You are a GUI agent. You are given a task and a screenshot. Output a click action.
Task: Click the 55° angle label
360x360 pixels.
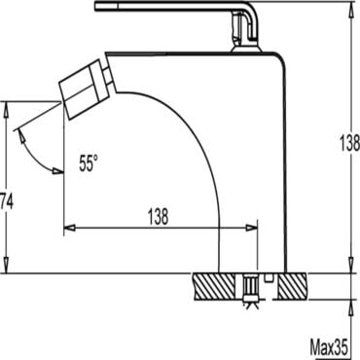tap(88, 162)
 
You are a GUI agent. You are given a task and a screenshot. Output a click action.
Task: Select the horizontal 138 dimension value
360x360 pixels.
tap(159, 216)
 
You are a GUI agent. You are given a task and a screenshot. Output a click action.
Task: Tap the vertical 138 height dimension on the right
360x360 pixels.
tap(350, 143)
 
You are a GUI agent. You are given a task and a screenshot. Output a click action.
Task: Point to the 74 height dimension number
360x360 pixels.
tap(6, 201)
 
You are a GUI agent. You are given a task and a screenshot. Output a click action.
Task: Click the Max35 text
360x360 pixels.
tap(329, 348)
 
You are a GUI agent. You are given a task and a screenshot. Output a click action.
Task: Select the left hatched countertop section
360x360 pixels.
tap(214, 286)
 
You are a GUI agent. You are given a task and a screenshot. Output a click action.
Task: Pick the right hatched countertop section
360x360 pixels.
tap(292, 286)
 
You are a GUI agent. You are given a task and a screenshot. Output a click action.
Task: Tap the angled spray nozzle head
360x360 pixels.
tap(83, 90)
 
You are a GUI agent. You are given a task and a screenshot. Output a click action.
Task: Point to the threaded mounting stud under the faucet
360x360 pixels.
tap(250, 288)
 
